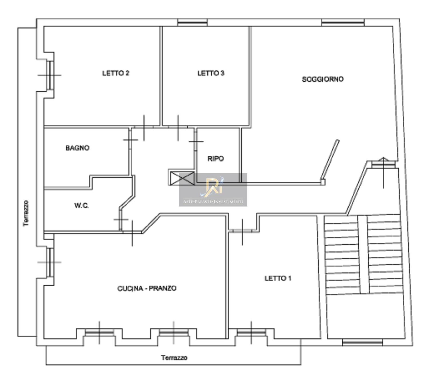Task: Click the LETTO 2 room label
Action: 116,73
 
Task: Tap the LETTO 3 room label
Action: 211,73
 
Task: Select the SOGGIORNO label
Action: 323,79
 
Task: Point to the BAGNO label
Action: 77,148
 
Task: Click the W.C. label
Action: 82,206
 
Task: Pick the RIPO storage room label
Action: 216,159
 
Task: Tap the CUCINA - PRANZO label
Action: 147,288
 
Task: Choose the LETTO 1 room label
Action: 278,278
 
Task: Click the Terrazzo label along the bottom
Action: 174,358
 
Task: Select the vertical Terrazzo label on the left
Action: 26,213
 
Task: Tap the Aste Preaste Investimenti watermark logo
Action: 213,189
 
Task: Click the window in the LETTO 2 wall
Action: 50,75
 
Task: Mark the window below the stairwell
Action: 363,342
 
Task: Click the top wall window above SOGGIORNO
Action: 343,22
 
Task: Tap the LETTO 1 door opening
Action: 242,231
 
